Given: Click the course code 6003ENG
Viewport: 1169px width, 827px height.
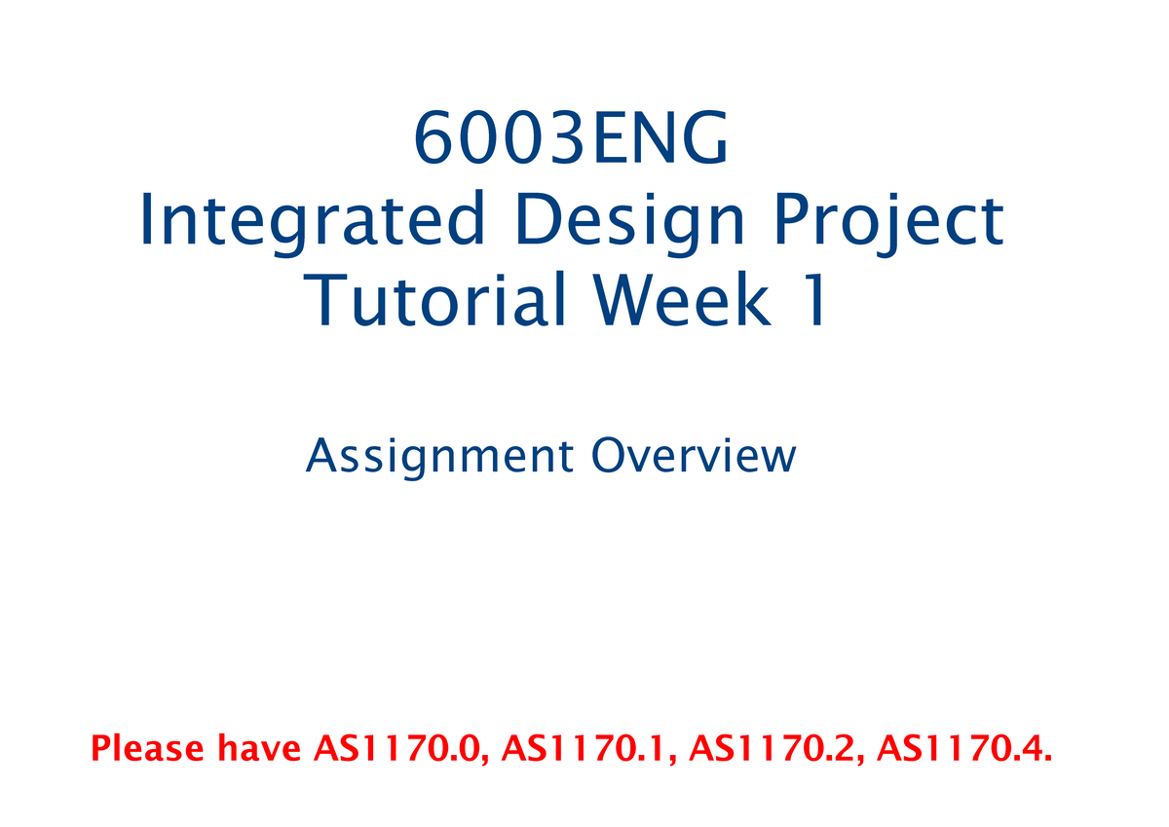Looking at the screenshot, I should (x=571, y=140).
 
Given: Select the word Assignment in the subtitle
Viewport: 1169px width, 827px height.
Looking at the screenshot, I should (x=438, y=457).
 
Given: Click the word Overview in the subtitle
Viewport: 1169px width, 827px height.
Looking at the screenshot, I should (x=694, y=456).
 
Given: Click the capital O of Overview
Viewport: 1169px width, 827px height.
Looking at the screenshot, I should (x=605, y=456).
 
